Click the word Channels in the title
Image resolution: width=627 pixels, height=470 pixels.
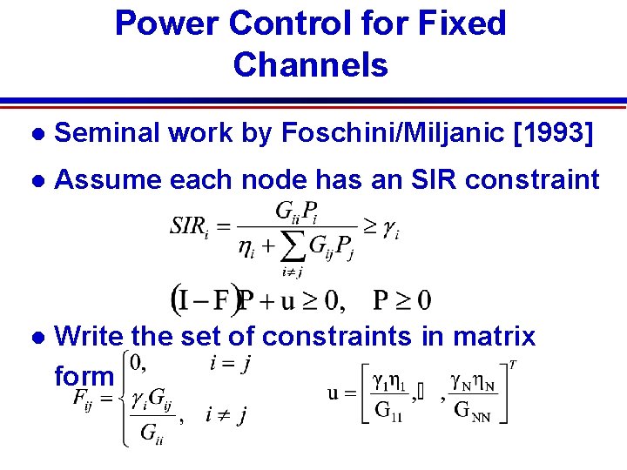click(x=310, y=64)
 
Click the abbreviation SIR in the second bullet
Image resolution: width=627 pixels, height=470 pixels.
click(x=443, y=180)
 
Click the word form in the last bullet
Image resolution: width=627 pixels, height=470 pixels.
click(x=84, y=375)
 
